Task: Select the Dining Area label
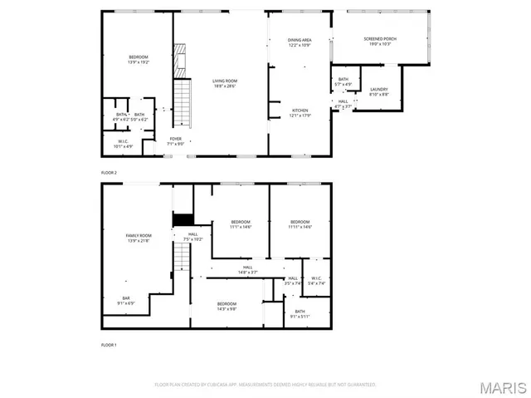tap(300, 42)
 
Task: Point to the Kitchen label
tap(300, 112)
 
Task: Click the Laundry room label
tap(379, 91)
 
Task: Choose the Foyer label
tap(176, 140)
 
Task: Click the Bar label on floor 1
tap(127, 300)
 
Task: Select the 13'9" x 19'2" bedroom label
tap(138, 59)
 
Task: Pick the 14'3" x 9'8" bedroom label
tap(227, 306)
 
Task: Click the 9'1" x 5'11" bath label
tap(300, 313)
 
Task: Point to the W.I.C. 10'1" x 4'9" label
tap(122, 145)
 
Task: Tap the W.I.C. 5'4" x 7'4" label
tap(315, 280)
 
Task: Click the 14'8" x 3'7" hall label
tap(248, 269)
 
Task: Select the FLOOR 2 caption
tap(110, 172)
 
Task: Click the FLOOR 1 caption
tap(110, 344)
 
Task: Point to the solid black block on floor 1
tap(183, 219)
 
